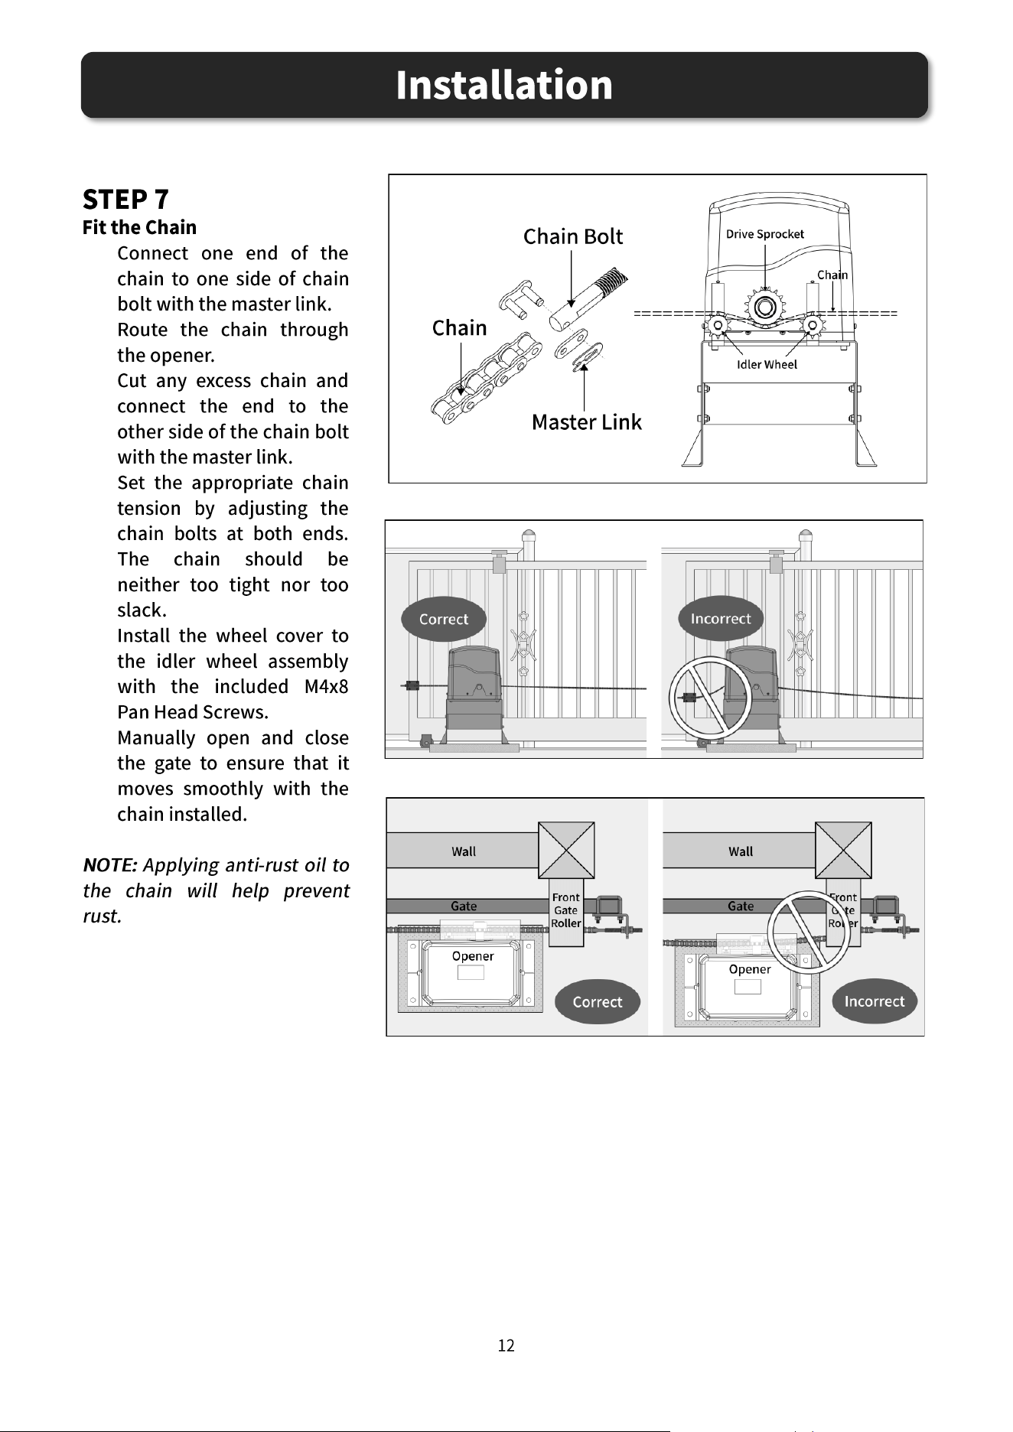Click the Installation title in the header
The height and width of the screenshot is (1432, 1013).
[x=504, y=85]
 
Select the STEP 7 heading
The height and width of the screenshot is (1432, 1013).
[x=125, y=200]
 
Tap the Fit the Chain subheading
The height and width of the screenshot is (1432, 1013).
[x=139, y=227]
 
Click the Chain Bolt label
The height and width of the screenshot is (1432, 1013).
[x=573, y=236]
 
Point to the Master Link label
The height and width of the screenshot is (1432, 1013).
[x=587, y=421]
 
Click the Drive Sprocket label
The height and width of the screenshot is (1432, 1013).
[x=765, y=234]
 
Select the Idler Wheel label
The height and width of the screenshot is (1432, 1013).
[x=767, y=364]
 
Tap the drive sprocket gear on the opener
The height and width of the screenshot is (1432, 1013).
[x=764, y=308]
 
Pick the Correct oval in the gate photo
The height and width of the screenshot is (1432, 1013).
[x=444, y=619]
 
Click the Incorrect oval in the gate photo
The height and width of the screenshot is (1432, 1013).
[x=721, y=618]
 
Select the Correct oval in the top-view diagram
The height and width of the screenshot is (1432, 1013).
[x=597, y=1001]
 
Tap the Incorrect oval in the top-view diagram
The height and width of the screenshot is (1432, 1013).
[x=875, y=1001]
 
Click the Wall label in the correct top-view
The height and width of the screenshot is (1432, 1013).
[x=464, y=851]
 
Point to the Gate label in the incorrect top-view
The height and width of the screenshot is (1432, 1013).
[x=741, y=906]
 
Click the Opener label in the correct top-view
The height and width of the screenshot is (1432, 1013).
[x=473, y=956]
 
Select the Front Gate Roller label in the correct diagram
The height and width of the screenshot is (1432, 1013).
[x=566, y=910]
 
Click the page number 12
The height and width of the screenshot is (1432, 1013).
[x=506, y=1346]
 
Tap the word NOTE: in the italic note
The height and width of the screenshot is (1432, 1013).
[x=110, y=865]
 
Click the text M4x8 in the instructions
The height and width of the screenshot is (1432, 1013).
[x=326, y=686]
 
